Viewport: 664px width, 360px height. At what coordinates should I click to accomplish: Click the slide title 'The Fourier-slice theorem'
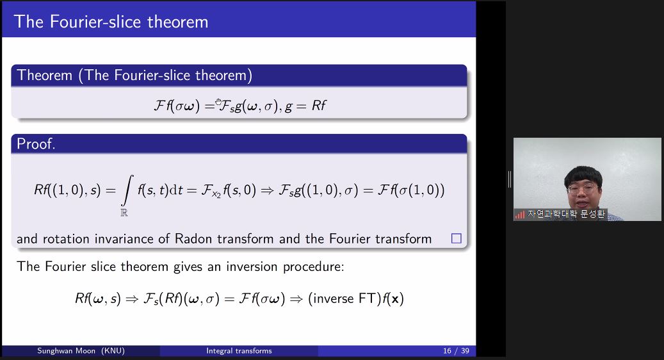point(111,22)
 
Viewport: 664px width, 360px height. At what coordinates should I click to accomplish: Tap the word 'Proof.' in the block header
point(36,144)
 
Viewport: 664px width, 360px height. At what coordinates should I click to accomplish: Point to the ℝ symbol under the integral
point(124,213)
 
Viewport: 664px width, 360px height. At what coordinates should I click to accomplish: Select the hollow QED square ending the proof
point(456,238)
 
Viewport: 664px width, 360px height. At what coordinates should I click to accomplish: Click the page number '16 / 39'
point(456,350)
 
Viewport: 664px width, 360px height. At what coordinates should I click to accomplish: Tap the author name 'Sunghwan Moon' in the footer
point(67,350)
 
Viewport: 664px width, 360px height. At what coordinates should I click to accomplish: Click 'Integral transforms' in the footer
point(239,350)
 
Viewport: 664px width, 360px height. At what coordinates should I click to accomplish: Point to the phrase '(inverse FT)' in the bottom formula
point(344,299)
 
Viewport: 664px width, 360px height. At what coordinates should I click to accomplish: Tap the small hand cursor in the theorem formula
point(218,102)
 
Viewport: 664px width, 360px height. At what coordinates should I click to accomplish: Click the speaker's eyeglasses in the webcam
point(583,188)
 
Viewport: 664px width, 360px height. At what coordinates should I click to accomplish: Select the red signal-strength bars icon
point(519,215)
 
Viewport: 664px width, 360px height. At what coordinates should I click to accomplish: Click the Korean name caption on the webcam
point(566,215)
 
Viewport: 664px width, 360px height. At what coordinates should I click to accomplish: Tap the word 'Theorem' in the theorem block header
point(44,76)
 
